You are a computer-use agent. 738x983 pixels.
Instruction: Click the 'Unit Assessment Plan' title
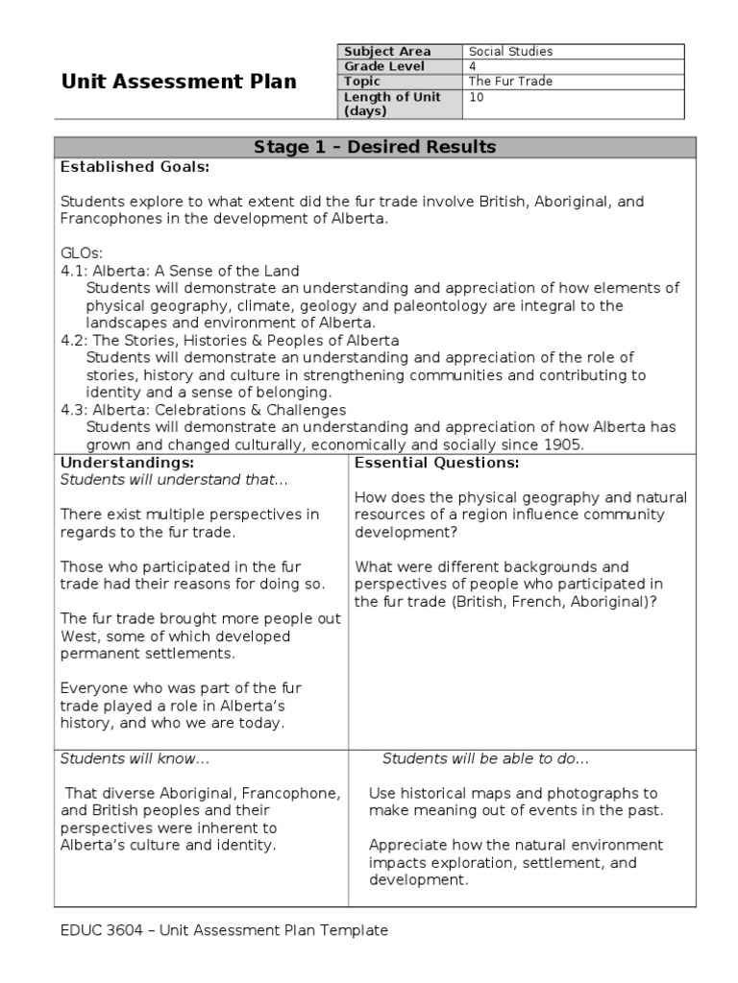[179, 82]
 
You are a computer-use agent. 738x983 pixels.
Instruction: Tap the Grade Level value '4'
[472, 66]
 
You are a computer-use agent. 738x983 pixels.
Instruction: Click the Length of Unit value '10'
[476, 97]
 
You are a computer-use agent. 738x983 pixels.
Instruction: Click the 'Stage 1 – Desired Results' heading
[375, 147]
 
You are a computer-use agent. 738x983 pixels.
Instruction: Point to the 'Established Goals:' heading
[135, 167]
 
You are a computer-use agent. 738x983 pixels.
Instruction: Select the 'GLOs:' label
[81, 253]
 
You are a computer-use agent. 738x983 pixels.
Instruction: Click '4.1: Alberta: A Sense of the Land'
[180, 271]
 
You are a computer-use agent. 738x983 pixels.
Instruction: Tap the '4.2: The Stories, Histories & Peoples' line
[230, 341]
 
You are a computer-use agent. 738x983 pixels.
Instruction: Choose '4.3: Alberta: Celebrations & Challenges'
[203, 410]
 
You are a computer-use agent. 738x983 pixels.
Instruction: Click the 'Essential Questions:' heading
[437, 463]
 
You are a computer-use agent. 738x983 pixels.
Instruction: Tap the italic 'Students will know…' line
[135, 758]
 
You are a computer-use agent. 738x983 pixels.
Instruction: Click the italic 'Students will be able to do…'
[485, 758]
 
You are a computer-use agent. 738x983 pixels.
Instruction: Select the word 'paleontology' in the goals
[432, 306]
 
